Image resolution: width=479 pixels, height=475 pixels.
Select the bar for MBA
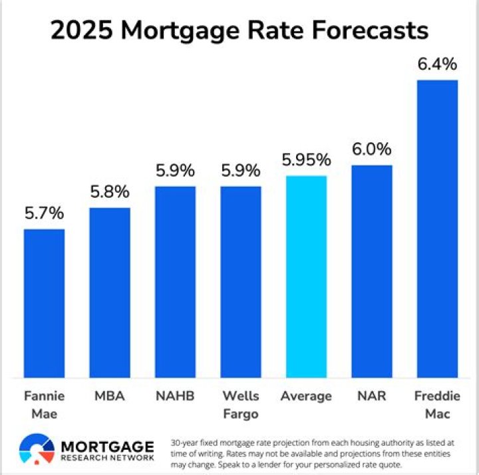110,293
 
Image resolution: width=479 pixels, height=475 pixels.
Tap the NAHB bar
175,282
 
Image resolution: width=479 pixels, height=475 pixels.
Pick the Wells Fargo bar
241,282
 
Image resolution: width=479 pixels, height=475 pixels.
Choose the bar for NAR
372,272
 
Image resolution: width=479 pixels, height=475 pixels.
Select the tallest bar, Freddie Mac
437,229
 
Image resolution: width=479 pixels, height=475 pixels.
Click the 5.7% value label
44,213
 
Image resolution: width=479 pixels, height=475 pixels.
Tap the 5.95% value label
306,160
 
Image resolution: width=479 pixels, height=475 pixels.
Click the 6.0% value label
372,149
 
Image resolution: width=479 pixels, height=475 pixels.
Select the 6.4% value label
437,64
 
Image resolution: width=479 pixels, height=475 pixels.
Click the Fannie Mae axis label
44,405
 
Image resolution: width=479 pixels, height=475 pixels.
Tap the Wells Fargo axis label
241,405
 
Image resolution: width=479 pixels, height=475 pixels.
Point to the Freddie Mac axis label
437,405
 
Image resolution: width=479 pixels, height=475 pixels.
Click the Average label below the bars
306,397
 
